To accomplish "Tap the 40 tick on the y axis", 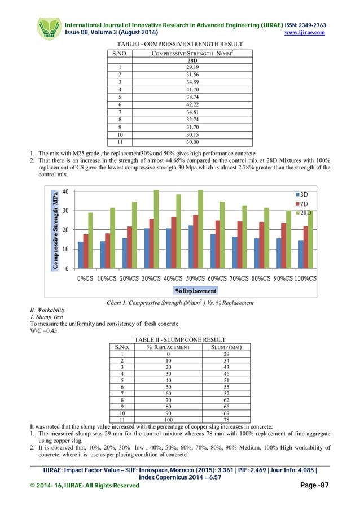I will [x=65, y=191].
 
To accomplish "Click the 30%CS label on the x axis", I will [x=152, y=278].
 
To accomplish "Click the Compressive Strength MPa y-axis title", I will [x=55, y=228].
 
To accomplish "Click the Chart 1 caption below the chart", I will [x=180, y=303].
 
